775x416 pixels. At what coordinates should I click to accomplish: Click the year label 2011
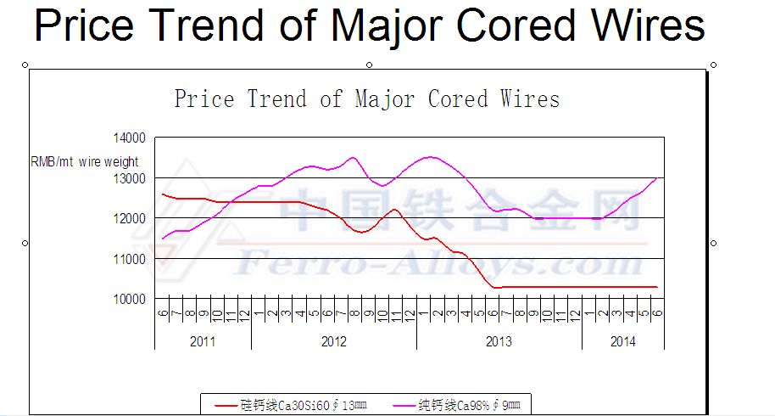point(203,341)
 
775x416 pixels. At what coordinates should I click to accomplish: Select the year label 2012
point(334,341)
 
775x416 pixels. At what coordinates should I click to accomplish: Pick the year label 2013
point(499,341)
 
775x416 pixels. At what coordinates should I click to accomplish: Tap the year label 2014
point(622,341)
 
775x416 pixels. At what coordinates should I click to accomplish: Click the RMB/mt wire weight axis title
point(85,161)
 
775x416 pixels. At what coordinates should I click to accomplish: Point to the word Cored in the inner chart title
point(458,99)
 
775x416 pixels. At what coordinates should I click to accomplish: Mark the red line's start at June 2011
point(162,194)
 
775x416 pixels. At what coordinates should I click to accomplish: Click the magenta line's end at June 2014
point(657,177)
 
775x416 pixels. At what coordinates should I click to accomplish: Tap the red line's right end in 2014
point(657,287)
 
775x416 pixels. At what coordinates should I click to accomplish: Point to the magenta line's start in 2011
point(162,239)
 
